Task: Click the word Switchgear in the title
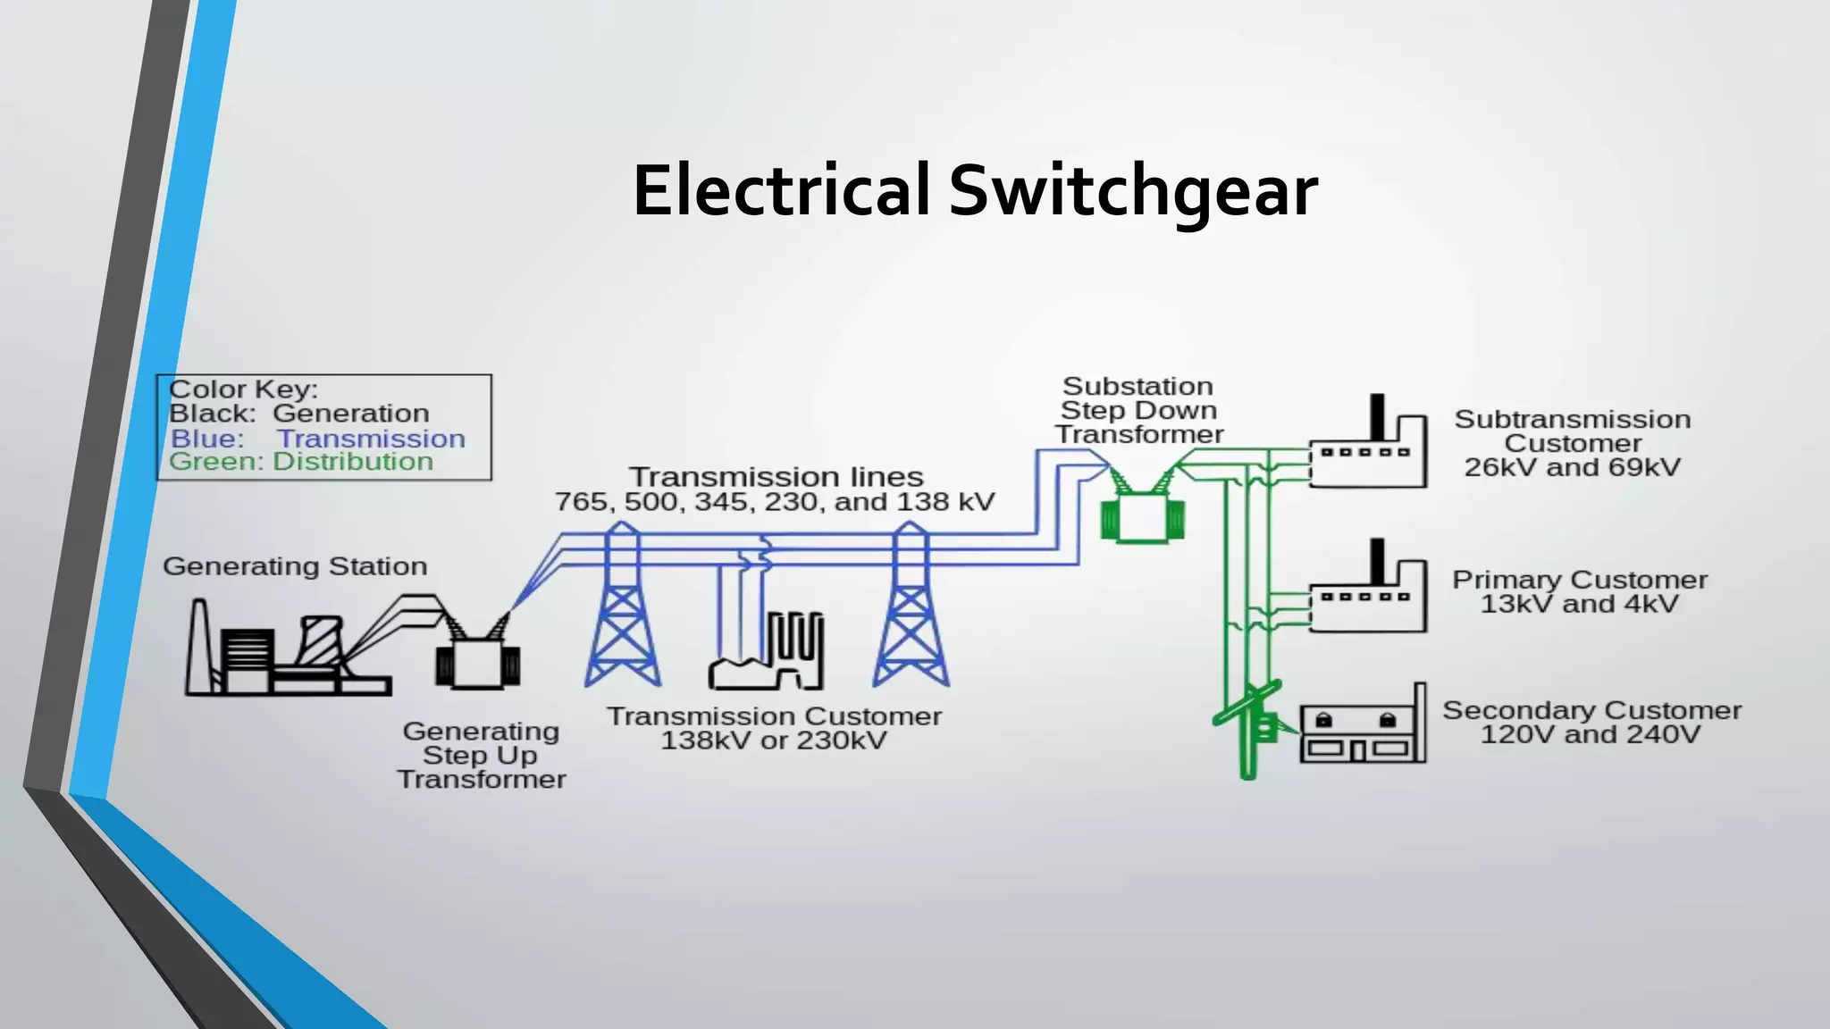coord(1132,191)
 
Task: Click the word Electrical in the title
coord(782,191)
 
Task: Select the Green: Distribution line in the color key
coord(301,462)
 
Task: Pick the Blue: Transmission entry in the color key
coord(318,439)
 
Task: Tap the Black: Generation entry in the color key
coord(299,414)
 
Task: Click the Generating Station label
coord(295,566)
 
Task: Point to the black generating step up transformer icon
coord(478,661)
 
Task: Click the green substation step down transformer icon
coord(1143,515)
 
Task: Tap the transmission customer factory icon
coord(767,657)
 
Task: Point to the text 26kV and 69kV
coord(1573,467)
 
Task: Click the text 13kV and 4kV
coord(1580,604)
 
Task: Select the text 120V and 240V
coord(1591,734)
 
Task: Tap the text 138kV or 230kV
coord(774,740)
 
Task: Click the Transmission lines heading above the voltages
coord(776,476)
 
